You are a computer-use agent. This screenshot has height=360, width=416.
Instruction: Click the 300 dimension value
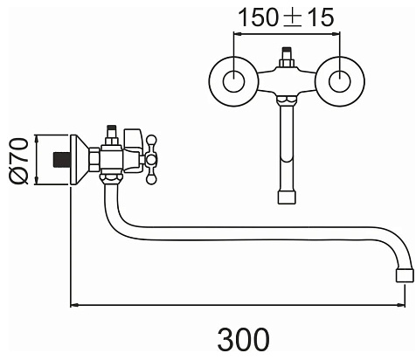coord(244,339)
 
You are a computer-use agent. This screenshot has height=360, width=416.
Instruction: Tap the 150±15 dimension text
coord(286,17)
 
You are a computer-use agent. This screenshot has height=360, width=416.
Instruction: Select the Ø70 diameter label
coord(19,162)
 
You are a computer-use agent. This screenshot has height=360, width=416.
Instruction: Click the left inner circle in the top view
coord(233,81)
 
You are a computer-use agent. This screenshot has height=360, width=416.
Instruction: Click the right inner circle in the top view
coord(340,81)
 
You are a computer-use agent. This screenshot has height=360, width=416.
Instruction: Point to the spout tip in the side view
coord(405,275)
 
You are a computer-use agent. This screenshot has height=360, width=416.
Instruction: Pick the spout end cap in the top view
coord(287,197)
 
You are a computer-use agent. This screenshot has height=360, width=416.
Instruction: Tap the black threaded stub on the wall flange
coord(62,160)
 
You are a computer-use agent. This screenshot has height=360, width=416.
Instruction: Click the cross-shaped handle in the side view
coord(151,160)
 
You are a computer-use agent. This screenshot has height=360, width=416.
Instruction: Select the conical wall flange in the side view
coord(80,160)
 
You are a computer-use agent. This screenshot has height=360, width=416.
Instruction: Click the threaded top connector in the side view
coord(112,135)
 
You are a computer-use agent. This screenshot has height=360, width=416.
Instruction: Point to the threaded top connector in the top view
coord(287,57)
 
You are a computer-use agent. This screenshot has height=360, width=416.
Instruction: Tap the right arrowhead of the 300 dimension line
coord(401,306)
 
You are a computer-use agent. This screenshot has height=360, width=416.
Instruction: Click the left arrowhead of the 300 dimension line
coord(74,306)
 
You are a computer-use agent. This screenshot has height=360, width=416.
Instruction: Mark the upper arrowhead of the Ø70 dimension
coord(37,139)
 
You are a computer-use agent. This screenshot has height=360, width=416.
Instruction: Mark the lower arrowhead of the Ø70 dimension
coord(37,181)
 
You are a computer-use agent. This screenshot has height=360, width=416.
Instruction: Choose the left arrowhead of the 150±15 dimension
coord(238,34)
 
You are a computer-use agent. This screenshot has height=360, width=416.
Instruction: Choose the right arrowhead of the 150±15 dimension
coord(336,34)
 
